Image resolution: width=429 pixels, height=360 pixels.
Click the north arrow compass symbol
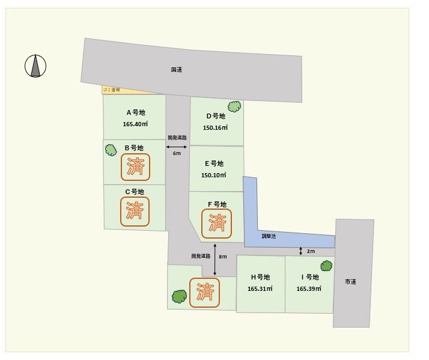36,66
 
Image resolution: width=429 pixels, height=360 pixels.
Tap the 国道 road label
176,70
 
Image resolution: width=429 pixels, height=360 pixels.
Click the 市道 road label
351,281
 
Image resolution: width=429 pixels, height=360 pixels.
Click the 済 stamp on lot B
136,167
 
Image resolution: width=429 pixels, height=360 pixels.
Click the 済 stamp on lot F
218,223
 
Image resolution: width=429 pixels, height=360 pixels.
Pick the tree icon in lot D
234,106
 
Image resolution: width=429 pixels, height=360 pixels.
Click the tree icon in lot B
111,150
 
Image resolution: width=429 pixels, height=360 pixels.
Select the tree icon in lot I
326,266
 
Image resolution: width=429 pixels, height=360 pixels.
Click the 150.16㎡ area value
215,128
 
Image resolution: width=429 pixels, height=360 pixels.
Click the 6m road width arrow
176,147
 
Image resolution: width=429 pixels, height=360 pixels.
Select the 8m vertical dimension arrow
215,257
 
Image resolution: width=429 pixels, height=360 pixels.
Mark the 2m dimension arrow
300,251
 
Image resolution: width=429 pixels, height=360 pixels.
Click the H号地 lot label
260,277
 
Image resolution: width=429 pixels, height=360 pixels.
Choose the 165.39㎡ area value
309,289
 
